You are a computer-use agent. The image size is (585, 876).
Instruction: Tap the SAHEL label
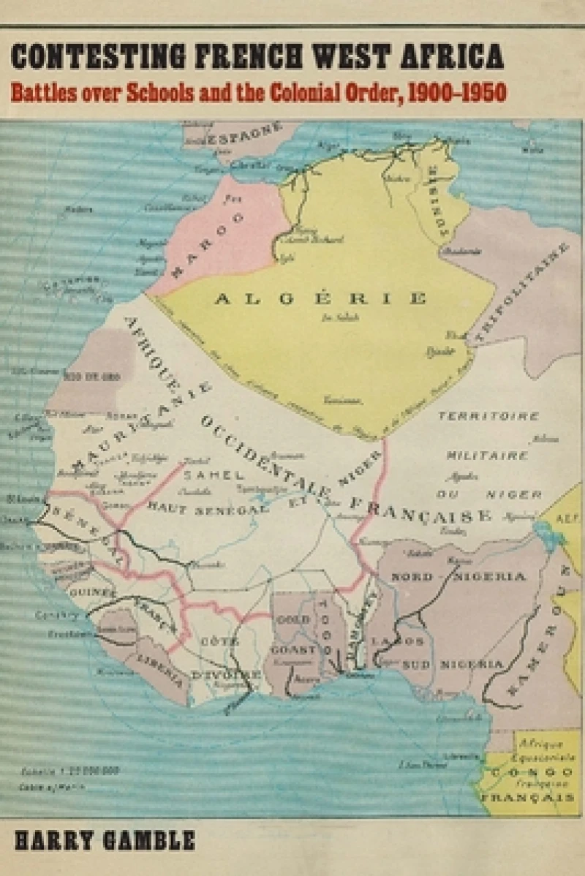(219, 476)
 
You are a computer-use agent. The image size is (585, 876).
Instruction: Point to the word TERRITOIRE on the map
(488, 416)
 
